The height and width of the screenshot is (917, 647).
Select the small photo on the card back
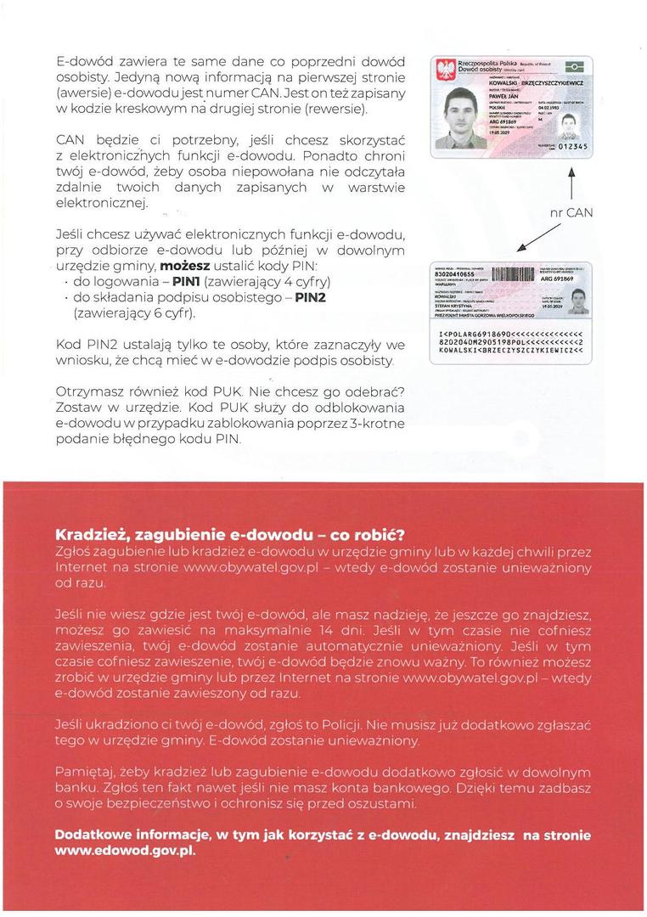[x=578, y=300]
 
